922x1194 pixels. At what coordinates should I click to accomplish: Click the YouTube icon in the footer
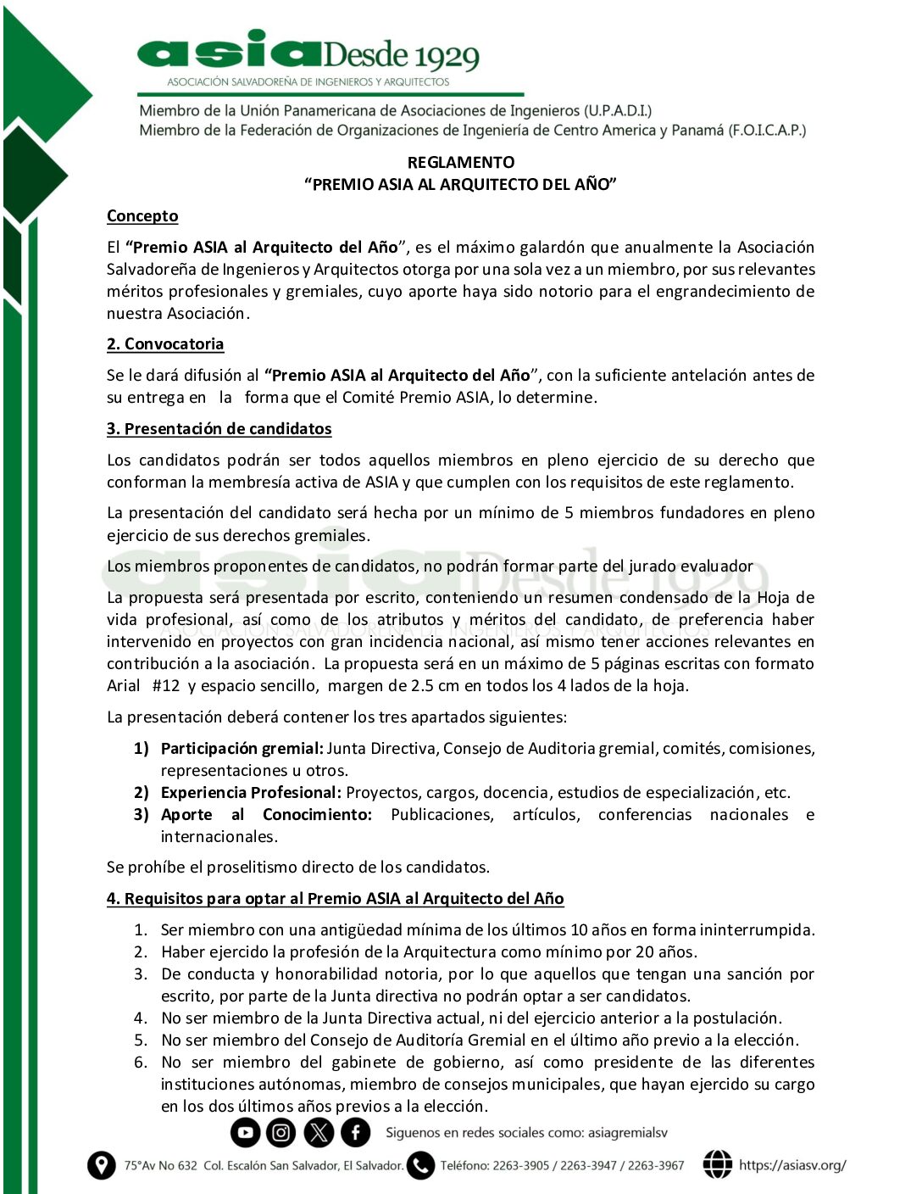coord(245,1132)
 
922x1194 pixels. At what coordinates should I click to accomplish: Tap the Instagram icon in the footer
coord(281,1132)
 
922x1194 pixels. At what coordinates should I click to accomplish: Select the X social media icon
coord(319,1132)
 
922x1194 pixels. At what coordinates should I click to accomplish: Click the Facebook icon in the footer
coord(356,1132)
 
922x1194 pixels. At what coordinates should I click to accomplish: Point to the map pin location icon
coord(101,1165)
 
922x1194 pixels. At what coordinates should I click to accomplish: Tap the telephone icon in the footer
coord(420,1165)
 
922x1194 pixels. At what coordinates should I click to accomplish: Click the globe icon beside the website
coord(717,1164)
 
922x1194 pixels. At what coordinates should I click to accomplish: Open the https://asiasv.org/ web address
coord(792,1165)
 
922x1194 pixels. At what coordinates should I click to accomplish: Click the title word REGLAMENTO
coord(460,162)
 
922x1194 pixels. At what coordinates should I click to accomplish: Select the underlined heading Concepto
coord(142,216)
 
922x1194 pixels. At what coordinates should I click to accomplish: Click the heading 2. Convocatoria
coord(165,344)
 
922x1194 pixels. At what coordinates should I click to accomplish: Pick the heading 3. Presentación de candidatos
coord(219,429)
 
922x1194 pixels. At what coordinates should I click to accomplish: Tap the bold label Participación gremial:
coord(242,749)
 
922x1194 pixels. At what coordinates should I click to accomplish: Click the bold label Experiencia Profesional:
coord(251,793)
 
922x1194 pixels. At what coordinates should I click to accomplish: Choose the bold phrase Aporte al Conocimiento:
coord(266,815)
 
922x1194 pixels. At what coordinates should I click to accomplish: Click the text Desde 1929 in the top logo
coord(400,56)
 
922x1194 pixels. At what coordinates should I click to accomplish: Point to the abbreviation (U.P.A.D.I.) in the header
coord(618,111)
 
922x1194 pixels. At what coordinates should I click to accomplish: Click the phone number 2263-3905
coord(521,1166)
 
